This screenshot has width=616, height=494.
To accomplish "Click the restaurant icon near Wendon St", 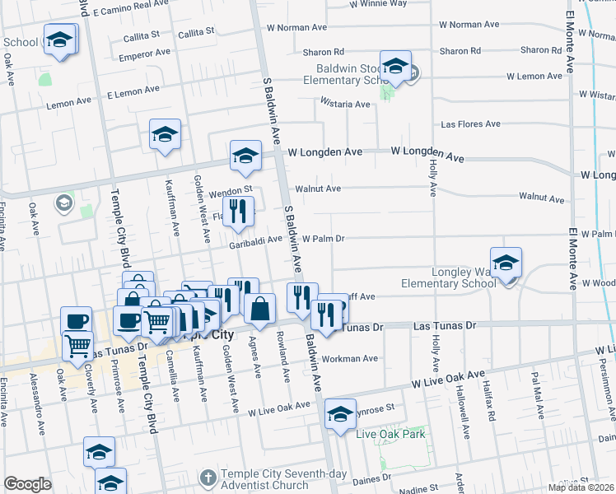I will (x=238, y=212).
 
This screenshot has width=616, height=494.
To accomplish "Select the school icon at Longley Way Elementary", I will (x=506, y=263).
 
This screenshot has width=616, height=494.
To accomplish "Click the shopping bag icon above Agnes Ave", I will (x=259, y=310).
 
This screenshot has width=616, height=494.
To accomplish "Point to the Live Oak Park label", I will (x=390, y=434).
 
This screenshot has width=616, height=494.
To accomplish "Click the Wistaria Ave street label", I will (x=346, y=105).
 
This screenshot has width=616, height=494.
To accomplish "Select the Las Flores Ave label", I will (x=471, y=124).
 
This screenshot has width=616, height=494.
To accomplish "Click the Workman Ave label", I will (x=350, y=358).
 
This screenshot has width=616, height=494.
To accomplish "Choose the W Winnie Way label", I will (x=378, y=3).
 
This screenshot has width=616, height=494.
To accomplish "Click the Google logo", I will (x=27, y=484).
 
